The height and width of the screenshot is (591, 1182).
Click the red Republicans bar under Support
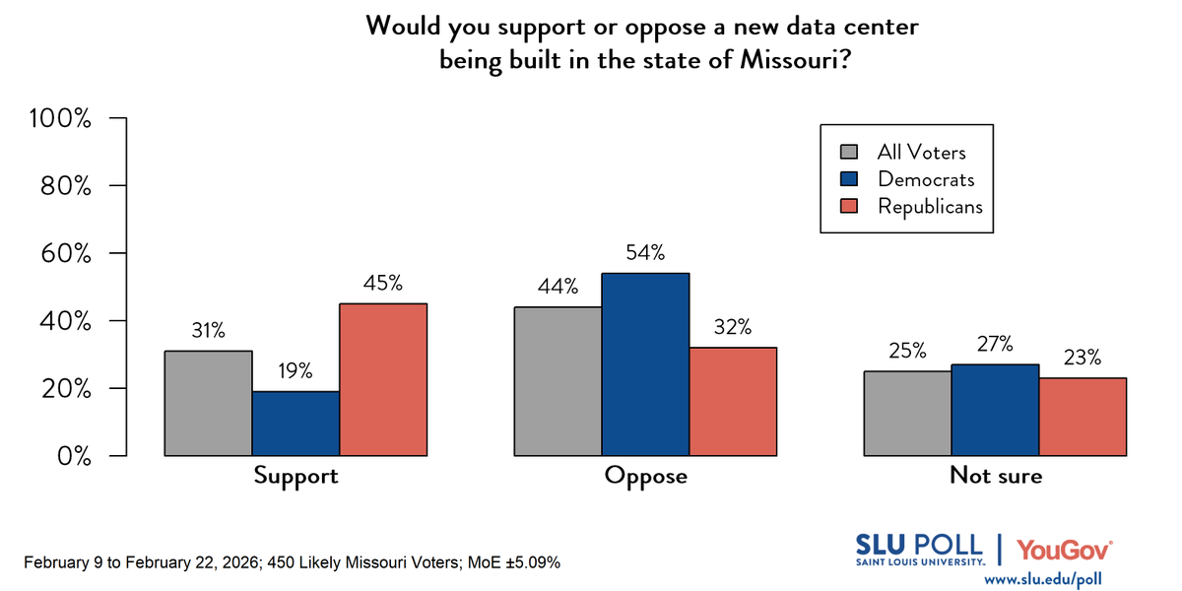tap(383, 379)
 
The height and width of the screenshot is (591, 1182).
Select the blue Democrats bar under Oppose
tap(645, 364)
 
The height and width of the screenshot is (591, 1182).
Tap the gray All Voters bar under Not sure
tap(907, 414)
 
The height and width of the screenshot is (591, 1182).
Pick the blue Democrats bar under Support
tap(295, 424)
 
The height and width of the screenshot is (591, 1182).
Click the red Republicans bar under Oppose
tap(733, 401)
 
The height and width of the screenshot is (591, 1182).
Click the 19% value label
tap(295, 371)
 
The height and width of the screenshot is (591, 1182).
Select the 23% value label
tap(1083, 358)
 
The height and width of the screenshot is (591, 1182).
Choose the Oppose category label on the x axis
tap(645, 476)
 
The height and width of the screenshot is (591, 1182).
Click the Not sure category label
tap(995, 476)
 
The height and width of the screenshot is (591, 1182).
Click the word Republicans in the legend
tap(930, 206)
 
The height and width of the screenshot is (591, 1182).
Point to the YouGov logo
tap(1065, 549)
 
